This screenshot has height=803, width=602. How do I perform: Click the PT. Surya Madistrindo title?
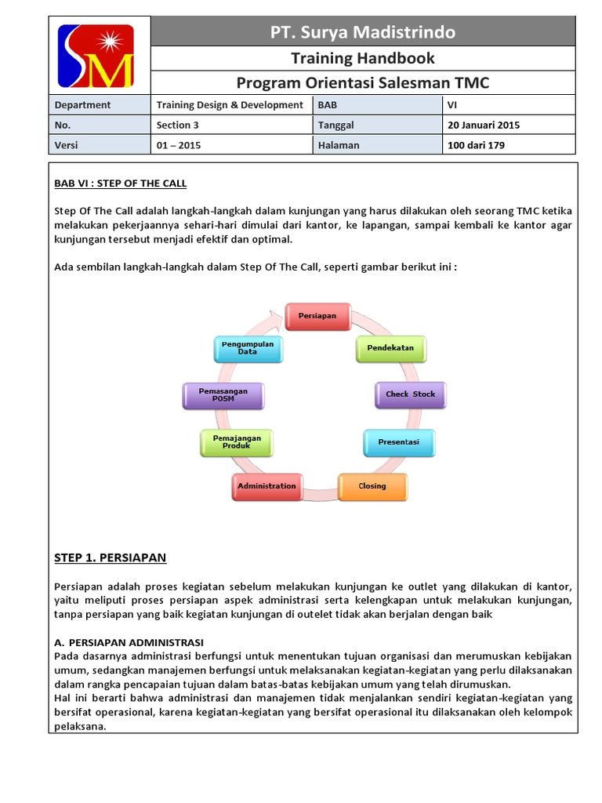tap(362, 32)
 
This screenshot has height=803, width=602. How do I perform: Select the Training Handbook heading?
tap(362, 58)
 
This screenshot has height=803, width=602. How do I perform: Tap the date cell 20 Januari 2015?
tap(484, 125)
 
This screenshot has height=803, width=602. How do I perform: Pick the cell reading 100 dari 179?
tap(477, 145)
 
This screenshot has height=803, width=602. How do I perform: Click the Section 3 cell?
tap(178, 125)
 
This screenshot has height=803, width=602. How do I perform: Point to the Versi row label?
tap(67, 145)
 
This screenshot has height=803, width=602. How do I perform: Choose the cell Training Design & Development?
tap(230, 104)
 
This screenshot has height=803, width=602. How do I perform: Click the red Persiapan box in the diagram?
tap(317, 316)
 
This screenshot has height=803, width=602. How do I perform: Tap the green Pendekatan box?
tap(390, 347)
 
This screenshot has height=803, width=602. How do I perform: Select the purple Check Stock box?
tap(410, 394)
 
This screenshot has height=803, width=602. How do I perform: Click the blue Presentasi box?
tap(398, 442)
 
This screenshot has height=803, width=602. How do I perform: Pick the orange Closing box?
tap(372, 486)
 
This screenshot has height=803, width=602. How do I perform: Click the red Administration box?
tap(267, 486)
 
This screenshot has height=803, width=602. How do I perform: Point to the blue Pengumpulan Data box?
tap(248, 348)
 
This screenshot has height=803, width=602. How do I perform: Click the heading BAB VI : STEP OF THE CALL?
tap(121, 183)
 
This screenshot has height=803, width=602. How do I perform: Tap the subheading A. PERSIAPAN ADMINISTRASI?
tap(129, 641)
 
